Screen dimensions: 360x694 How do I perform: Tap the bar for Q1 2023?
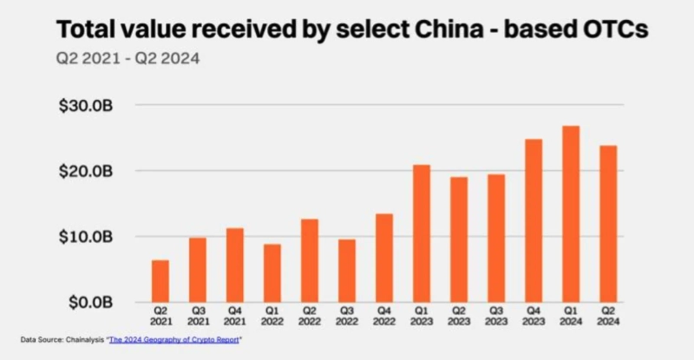point(422,233)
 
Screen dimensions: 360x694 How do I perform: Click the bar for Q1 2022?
point(272,273)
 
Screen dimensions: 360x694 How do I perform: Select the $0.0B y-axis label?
point(88,303)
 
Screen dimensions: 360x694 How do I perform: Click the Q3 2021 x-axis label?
point(198,316)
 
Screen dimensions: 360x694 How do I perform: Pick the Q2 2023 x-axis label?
point(459,316)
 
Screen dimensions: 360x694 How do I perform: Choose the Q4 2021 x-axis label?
point(235,316)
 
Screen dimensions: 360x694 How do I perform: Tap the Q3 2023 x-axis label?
point(496,316)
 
